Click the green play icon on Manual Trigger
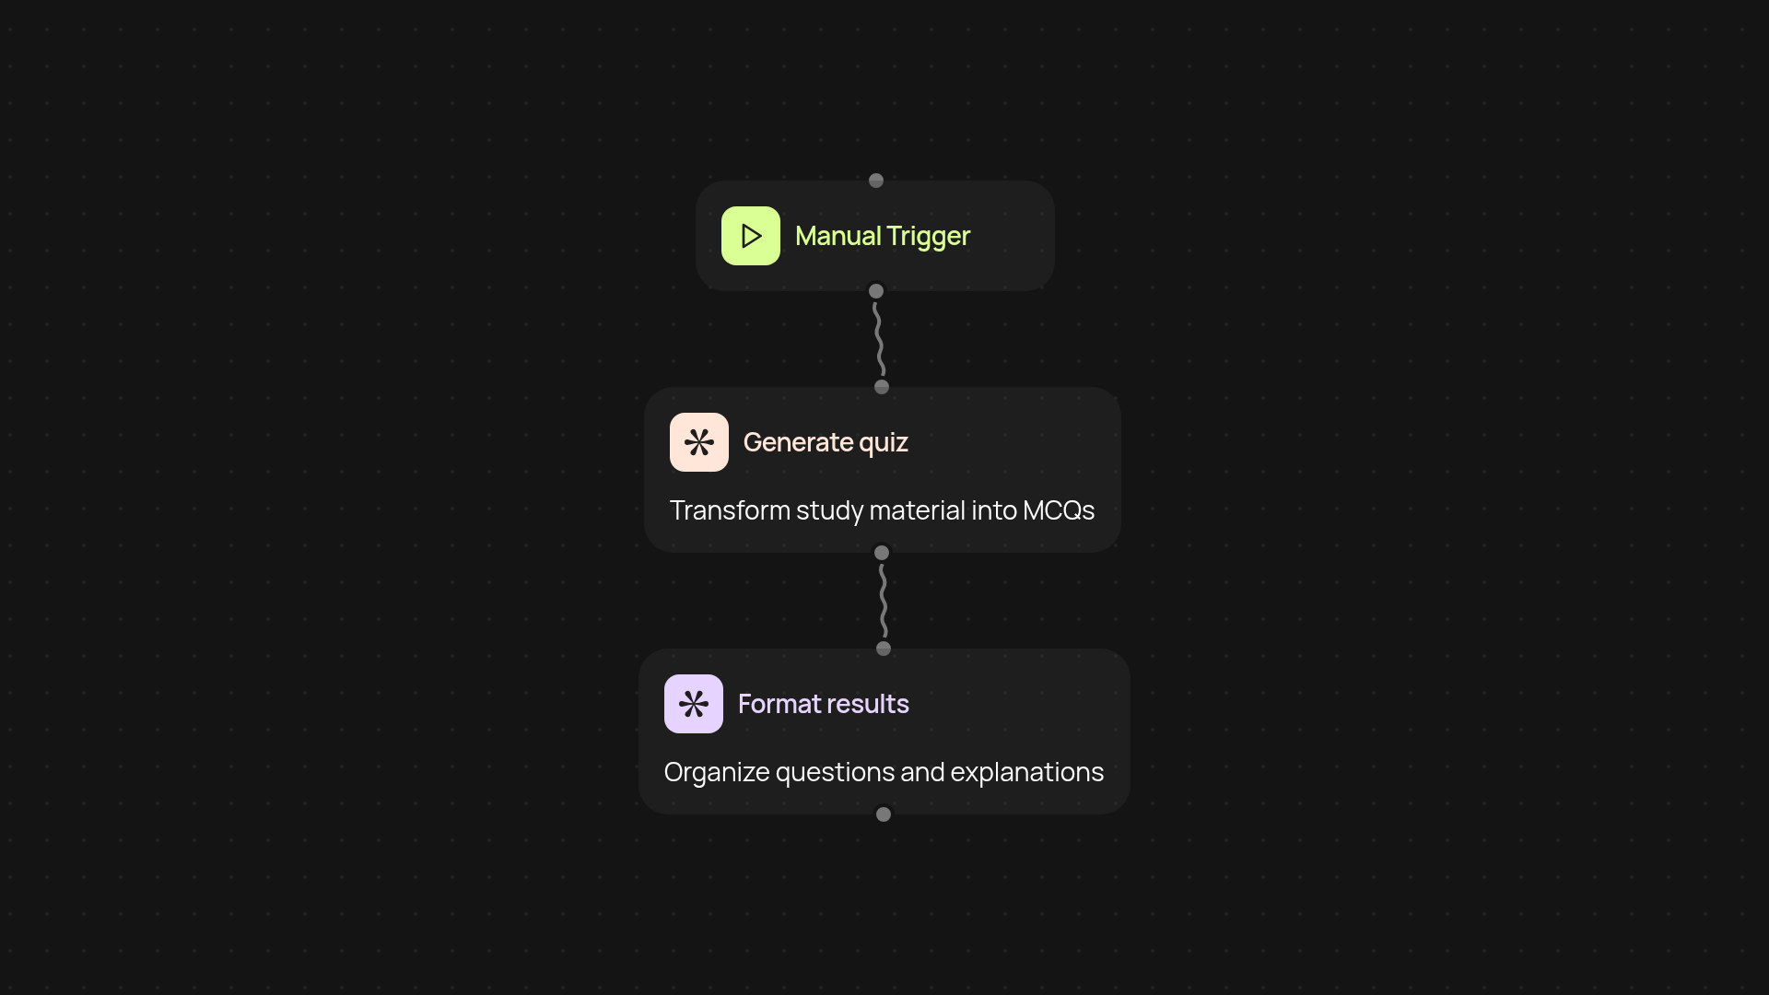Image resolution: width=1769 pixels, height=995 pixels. tap(750, 236)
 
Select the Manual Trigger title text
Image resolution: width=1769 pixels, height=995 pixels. tap(882, 236)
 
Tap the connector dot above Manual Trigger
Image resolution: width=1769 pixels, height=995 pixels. tap(876, 181)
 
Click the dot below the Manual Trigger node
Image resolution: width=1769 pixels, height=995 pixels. tap(876, 291)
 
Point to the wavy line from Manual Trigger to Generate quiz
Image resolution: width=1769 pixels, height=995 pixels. tap(879, 339)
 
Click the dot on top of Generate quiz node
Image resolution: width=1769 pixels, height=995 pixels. tap(882, 387)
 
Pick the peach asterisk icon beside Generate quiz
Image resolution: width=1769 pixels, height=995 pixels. tap(698, 442)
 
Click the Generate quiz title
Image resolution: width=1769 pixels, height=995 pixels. tap(825, 442)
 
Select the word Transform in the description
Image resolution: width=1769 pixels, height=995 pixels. tap(729, 510)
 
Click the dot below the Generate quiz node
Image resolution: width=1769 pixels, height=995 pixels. tap(882, 553)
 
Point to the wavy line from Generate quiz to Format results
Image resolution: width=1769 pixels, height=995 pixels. tap(883, 601)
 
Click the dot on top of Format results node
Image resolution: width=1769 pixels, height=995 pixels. tap(884, 649)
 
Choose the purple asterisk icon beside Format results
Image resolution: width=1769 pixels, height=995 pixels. tap(693, 704)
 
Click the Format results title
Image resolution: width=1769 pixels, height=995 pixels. tap(823, 704)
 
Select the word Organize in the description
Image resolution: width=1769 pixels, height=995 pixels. tap(716, 772)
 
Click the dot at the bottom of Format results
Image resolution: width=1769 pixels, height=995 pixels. tap(884, 814)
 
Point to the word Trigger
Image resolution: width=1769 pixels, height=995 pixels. tap(928, 236)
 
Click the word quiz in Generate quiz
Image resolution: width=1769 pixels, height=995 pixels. tap(884, 443)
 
